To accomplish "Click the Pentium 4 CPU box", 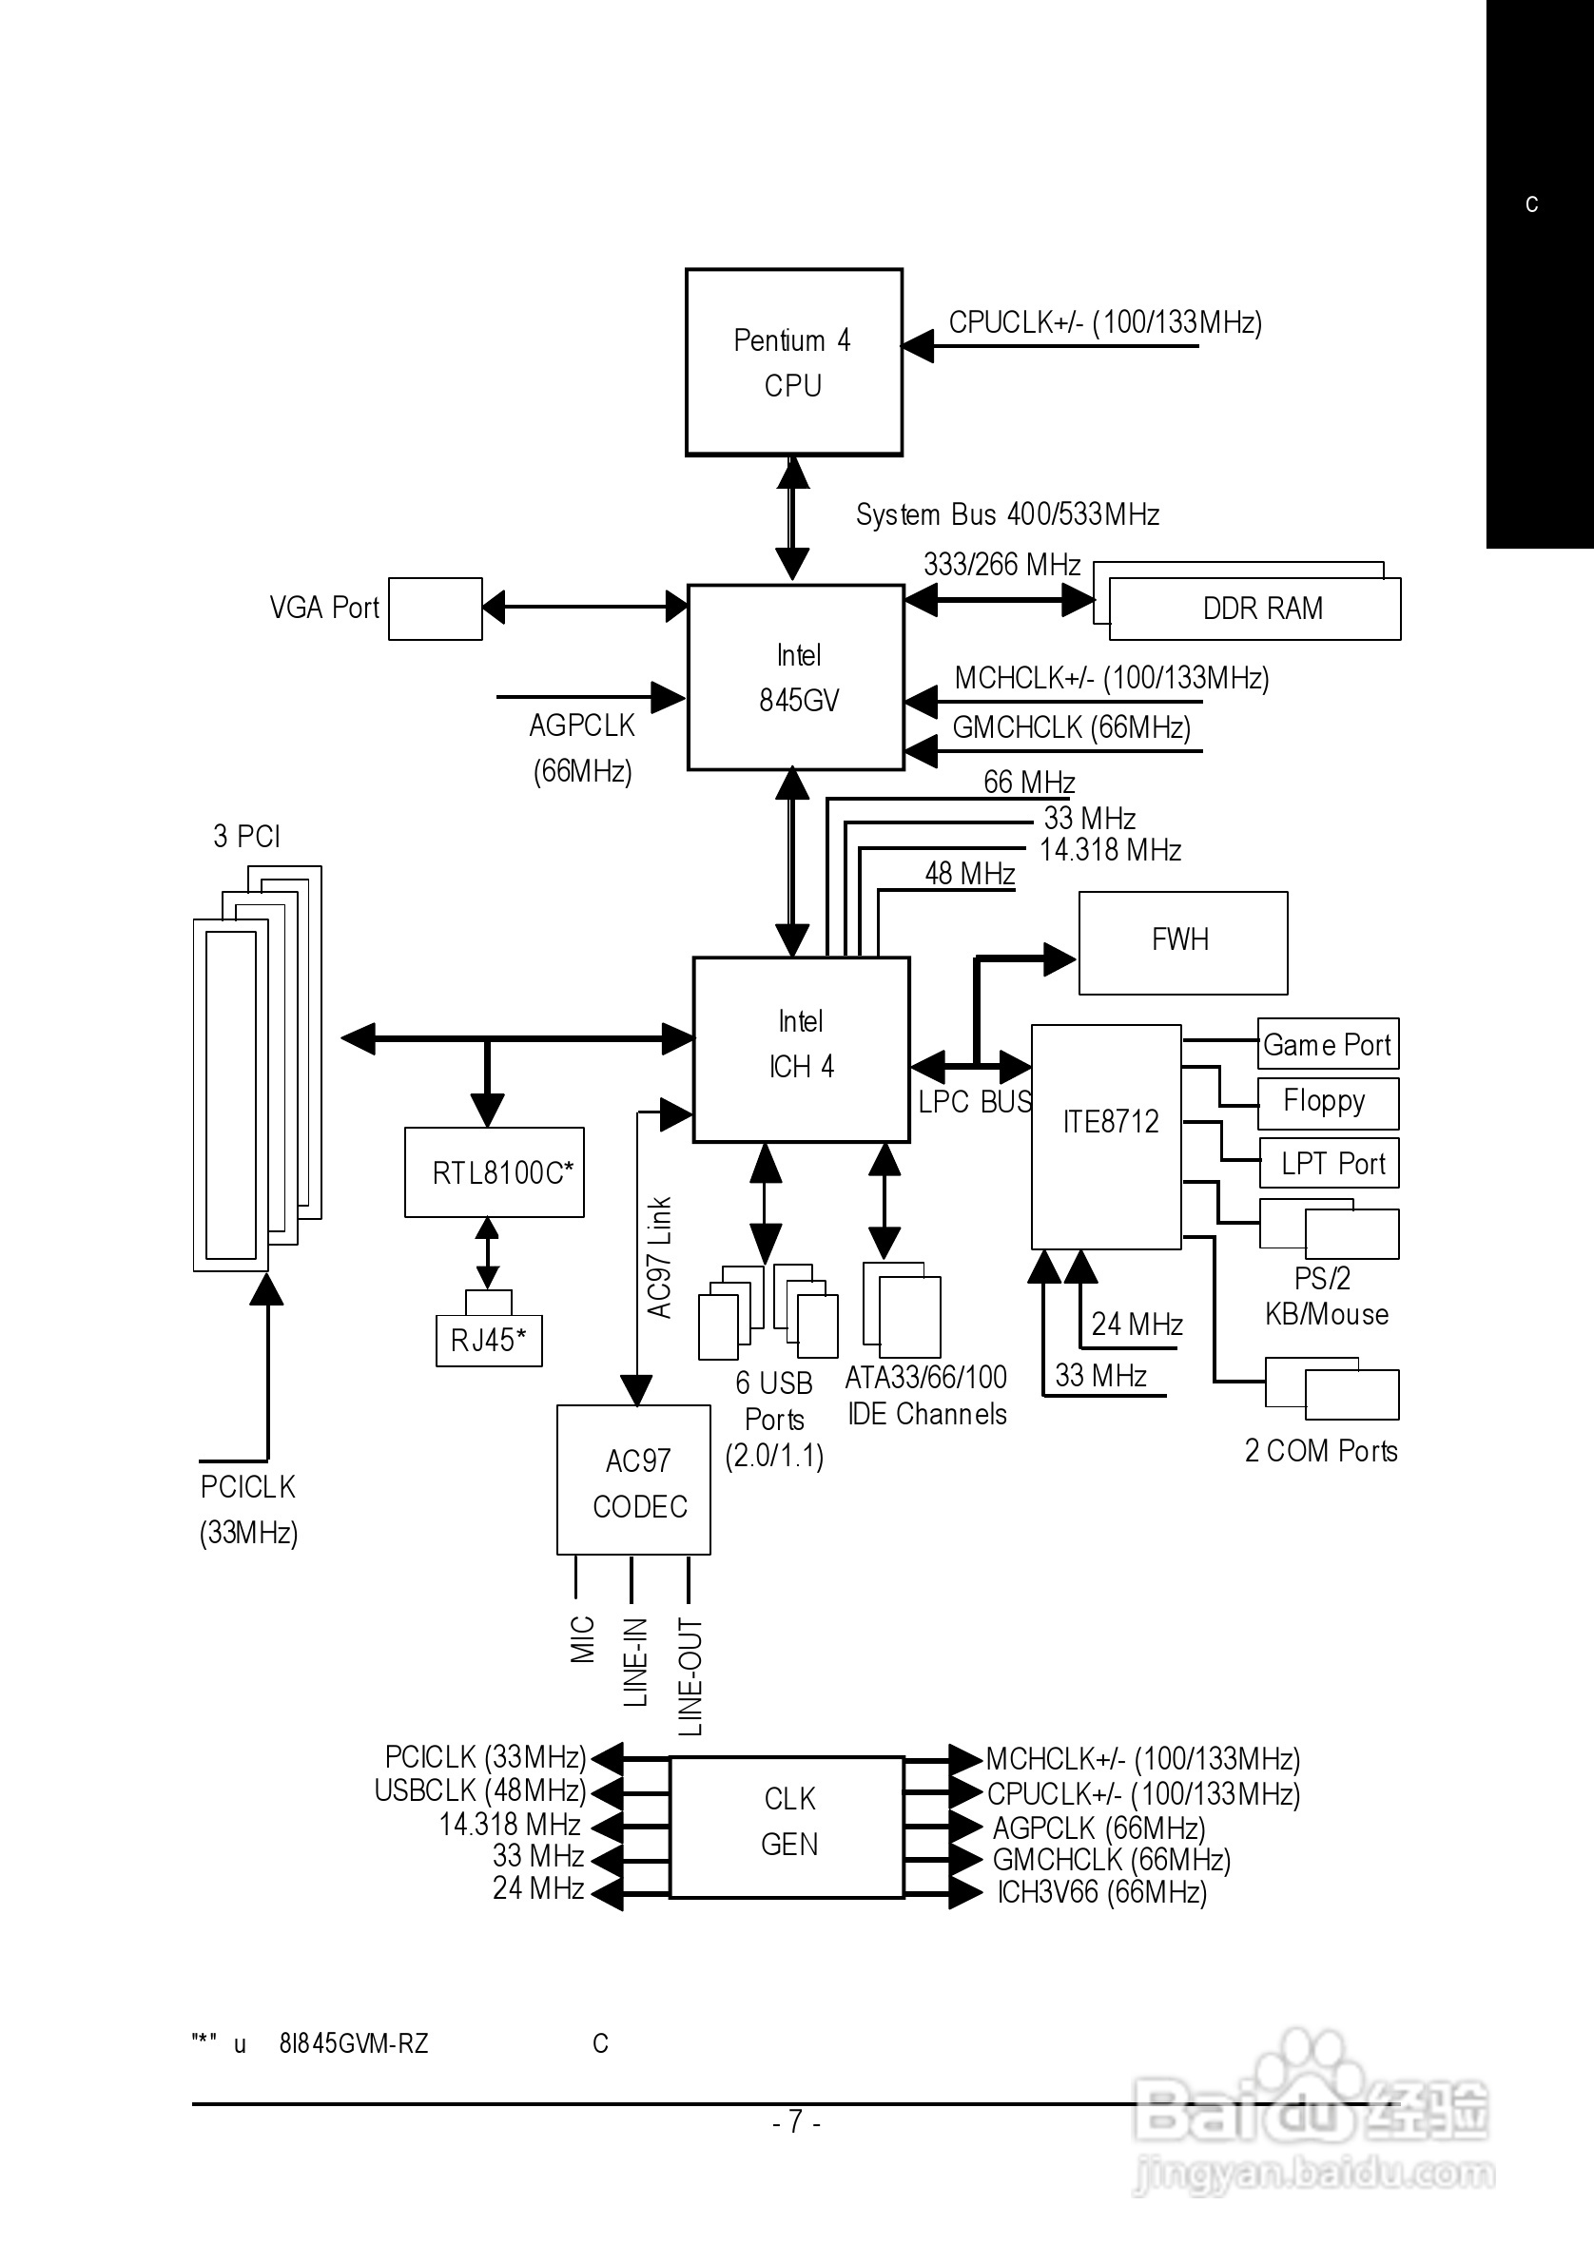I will (793, 361).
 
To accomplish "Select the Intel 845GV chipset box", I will (795, 677).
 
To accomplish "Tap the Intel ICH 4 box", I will (801, 1049).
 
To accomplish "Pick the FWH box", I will (1182, 942).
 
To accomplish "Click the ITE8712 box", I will (1106, 1136).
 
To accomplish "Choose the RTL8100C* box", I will (494, 1171).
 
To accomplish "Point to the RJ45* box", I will (489, 1340).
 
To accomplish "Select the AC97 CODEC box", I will (633, 1480).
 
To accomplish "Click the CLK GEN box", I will (787, 1827).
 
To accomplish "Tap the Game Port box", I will (1327, 1044).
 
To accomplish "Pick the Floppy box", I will (1327, 1102).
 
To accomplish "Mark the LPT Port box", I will (1328, 1163).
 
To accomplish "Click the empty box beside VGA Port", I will (435, 609).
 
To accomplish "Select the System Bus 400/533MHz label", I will (1006, 514).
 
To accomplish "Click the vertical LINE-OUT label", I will (690, 1676).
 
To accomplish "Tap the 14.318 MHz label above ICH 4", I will (1110, 850).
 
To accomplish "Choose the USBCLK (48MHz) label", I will (480, 1789).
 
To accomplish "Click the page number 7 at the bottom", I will (796, 2120).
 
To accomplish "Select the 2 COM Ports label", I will (1321, 1451).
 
